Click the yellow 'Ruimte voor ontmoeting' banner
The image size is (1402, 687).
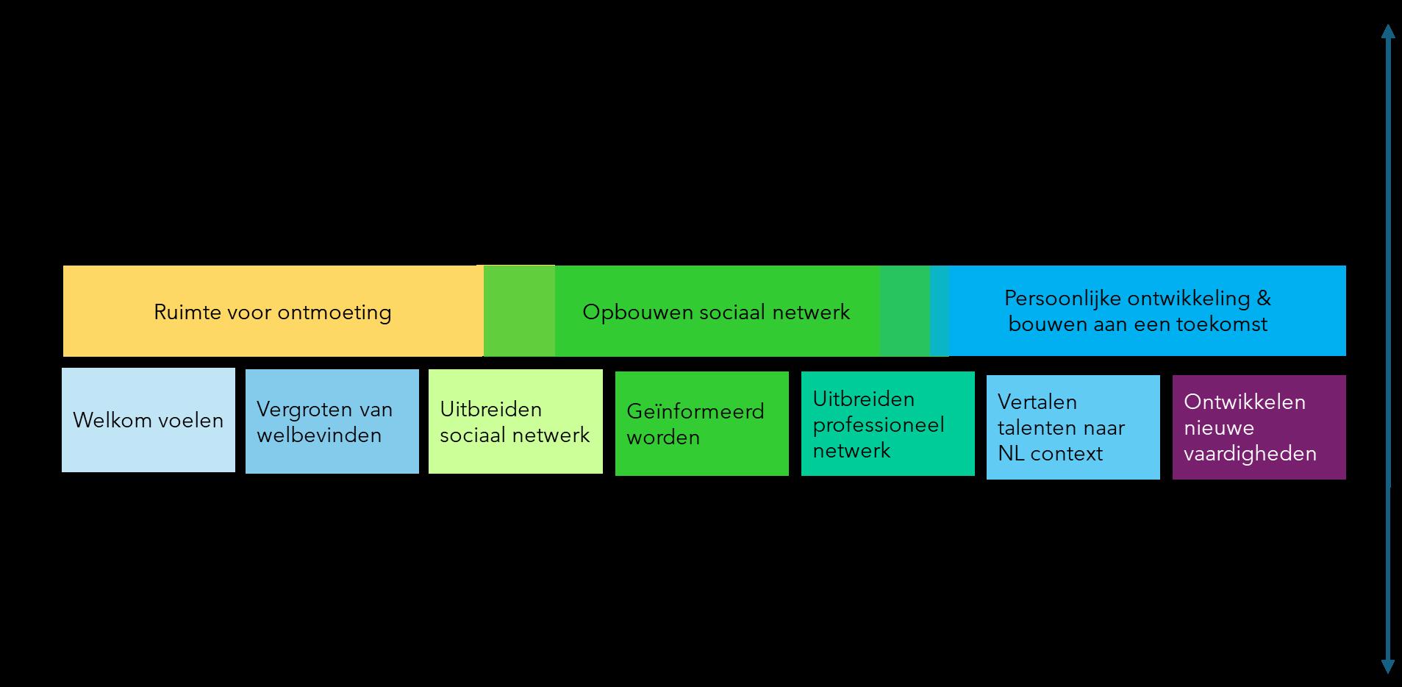coord(272,312)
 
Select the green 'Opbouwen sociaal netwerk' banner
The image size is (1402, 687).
coord(716,312)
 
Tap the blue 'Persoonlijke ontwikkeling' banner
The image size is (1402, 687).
coord(1137,311)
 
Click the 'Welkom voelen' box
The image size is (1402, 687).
coord(149,420)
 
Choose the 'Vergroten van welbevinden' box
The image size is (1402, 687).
coord(332,421)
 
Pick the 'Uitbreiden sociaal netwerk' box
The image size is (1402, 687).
coord(515,421)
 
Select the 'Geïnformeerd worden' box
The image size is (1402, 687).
coord(701,424)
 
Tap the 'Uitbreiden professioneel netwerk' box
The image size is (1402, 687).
coord(887,424)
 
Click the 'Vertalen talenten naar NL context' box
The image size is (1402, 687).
coord(1073,427)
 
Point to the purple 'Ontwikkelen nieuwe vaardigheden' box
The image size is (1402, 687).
coord(1259,427)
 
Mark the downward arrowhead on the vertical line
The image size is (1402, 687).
coord(1388,666)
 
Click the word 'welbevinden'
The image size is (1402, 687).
coord(319,435)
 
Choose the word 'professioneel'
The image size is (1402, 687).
coord(879,425)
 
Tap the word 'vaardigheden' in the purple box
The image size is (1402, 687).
coord(1250,454)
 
